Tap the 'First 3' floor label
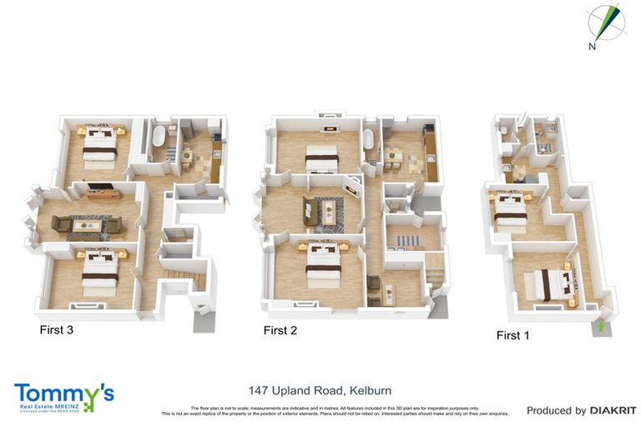point(57,330)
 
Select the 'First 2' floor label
point(280,330)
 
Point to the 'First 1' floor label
point(513,335)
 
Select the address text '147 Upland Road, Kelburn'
point(320,390)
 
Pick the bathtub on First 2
point(369,148)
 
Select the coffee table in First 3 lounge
point(87,225)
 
